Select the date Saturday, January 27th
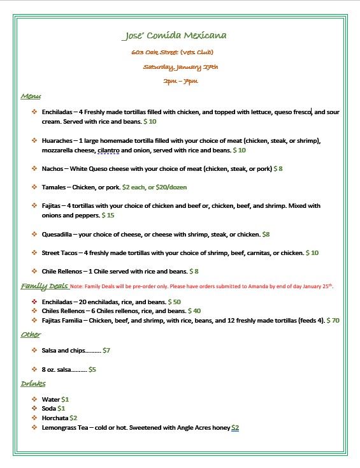(180, 66)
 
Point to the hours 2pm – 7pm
(180, 81)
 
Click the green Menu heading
(30, 96)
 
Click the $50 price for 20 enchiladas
(175, 301)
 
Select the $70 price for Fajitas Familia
(333, 320)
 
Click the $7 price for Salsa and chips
(106, 351)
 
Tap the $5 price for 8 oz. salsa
(92, 369)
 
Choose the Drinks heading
(33, 384)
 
